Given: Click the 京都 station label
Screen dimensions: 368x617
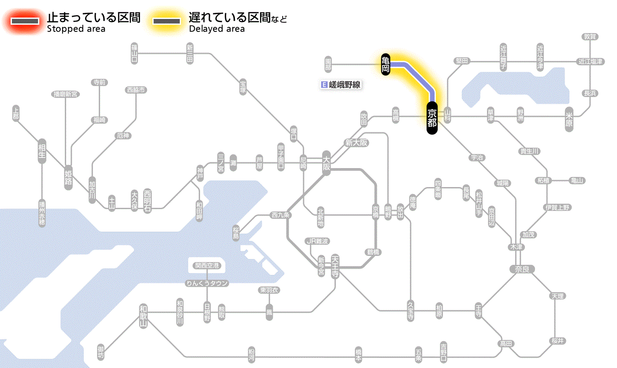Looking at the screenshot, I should click(x=432, y=118).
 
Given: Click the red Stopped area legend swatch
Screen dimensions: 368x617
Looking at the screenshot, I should click(x=25, y=21).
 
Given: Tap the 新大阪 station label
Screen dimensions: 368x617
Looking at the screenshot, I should click(x=356, y=143).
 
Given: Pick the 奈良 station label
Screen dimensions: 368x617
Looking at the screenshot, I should click(x=522, y=269).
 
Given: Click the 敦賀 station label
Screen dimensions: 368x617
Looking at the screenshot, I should click(x=590, y=37).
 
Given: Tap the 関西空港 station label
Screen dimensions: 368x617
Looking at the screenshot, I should click(x=207, y=266).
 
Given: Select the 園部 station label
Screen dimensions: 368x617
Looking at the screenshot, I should click(x=328, y=64).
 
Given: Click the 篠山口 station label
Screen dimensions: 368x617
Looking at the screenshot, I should click(x=134, y=53).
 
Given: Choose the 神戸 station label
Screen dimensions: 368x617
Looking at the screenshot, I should click(x=200, y=173).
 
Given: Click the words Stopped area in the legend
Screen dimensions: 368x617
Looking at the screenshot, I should click(x=76, y=29).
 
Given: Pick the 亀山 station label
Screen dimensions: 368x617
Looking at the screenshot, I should click(x=577, y=180).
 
